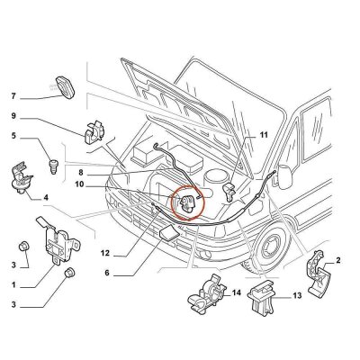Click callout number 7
[13, 96]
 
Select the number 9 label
[13, 116]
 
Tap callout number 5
[13, 136]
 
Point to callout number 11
[264, 135]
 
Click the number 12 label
[105, 254]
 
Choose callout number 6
[107, 273]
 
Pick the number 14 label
[237, 292]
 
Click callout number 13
[297, 296]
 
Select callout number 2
[338, 260]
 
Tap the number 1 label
[13, 284]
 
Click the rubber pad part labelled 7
[65, 87]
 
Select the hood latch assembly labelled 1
[59, 241]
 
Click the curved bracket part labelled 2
[317, 274]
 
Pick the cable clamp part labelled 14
[207, 292]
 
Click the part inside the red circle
[185, 203]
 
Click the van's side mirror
[284, 176]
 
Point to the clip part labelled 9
[94, 132]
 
